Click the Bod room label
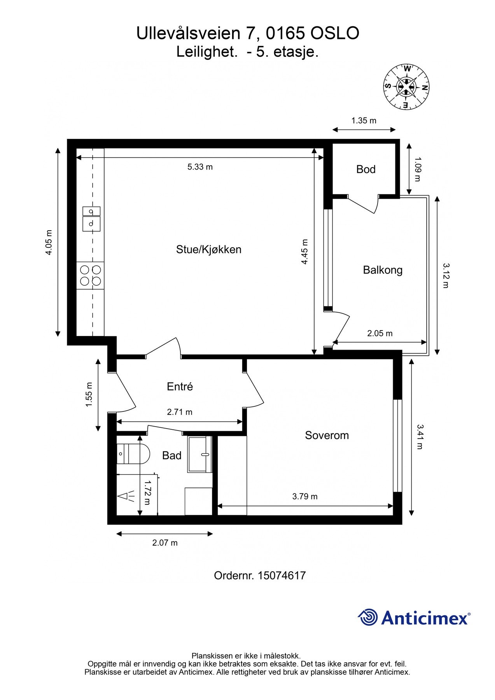point(366,169)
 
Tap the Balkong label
point(382,270)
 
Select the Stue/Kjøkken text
point(208,249)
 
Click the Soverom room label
point(327,435)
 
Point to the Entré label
point(180,387)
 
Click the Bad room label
point(171,455)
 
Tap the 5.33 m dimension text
point(200,167)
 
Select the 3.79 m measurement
point(304,497)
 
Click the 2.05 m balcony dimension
point(380,333)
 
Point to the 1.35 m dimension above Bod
point(364,121)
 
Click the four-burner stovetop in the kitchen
point(91,275)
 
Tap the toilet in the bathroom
point(133,453)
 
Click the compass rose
point(406,87)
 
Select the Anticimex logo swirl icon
point(367,617)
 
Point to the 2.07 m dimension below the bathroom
point(165,542)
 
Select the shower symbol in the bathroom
point(126,496)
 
